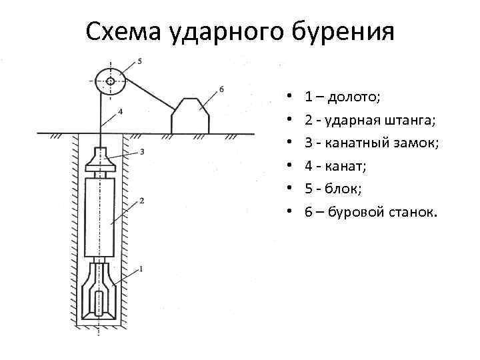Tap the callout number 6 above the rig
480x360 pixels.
click(221, 89)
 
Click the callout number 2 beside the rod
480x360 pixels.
click(141, 201)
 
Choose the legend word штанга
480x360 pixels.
click(410, 121)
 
